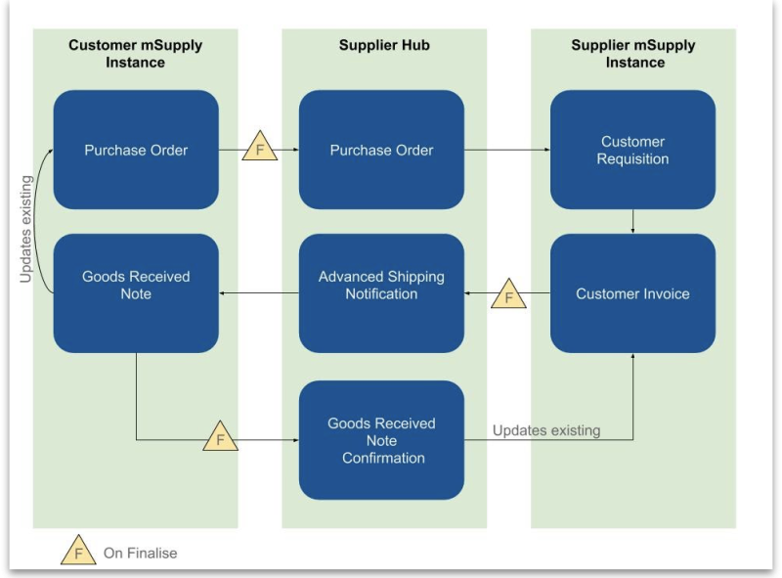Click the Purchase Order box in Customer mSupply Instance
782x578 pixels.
click(x=136, y=150)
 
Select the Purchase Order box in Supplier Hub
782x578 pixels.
click(x=381, y=150)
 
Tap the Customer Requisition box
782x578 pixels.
click(x=632, y=150)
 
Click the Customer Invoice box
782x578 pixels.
click(x=632, y=293)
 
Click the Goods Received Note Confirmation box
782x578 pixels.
click(x=381, y=440)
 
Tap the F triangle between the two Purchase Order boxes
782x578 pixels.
click(x=259, y=149)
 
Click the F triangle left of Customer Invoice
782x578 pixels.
click(x=508, y=294)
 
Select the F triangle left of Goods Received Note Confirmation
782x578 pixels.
click(x=220, y=438)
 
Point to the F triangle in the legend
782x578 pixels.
click(x=78, y=552)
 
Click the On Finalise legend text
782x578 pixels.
click(x=141, y=553)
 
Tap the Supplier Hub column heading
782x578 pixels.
click(x=384, y=45)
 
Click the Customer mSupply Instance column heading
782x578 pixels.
click(x=136, y=54)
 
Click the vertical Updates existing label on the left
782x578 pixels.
click(x=26, y=230)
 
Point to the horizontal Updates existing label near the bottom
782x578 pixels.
click(x=546, y=430)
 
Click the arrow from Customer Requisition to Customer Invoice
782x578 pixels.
click(x=633, y=221)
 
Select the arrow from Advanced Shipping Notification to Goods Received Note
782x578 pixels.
click(x=259, y=293)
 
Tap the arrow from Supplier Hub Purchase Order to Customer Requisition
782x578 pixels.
click(x=506, y=150)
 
